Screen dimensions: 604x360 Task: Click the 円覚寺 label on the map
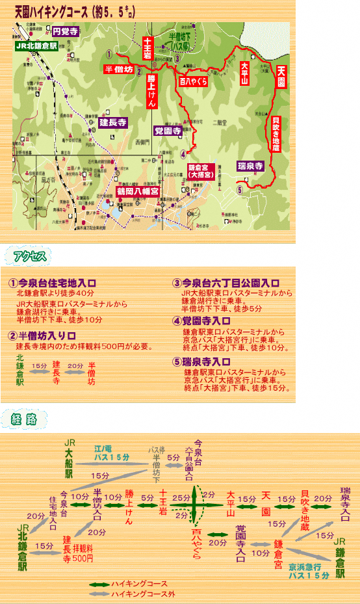66,31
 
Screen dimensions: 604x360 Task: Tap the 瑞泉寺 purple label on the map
250,165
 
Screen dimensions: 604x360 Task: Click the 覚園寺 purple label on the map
167,131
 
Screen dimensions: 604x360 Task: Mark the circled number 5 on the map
240,190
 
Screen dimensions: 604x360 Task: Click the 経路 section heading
25,419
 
